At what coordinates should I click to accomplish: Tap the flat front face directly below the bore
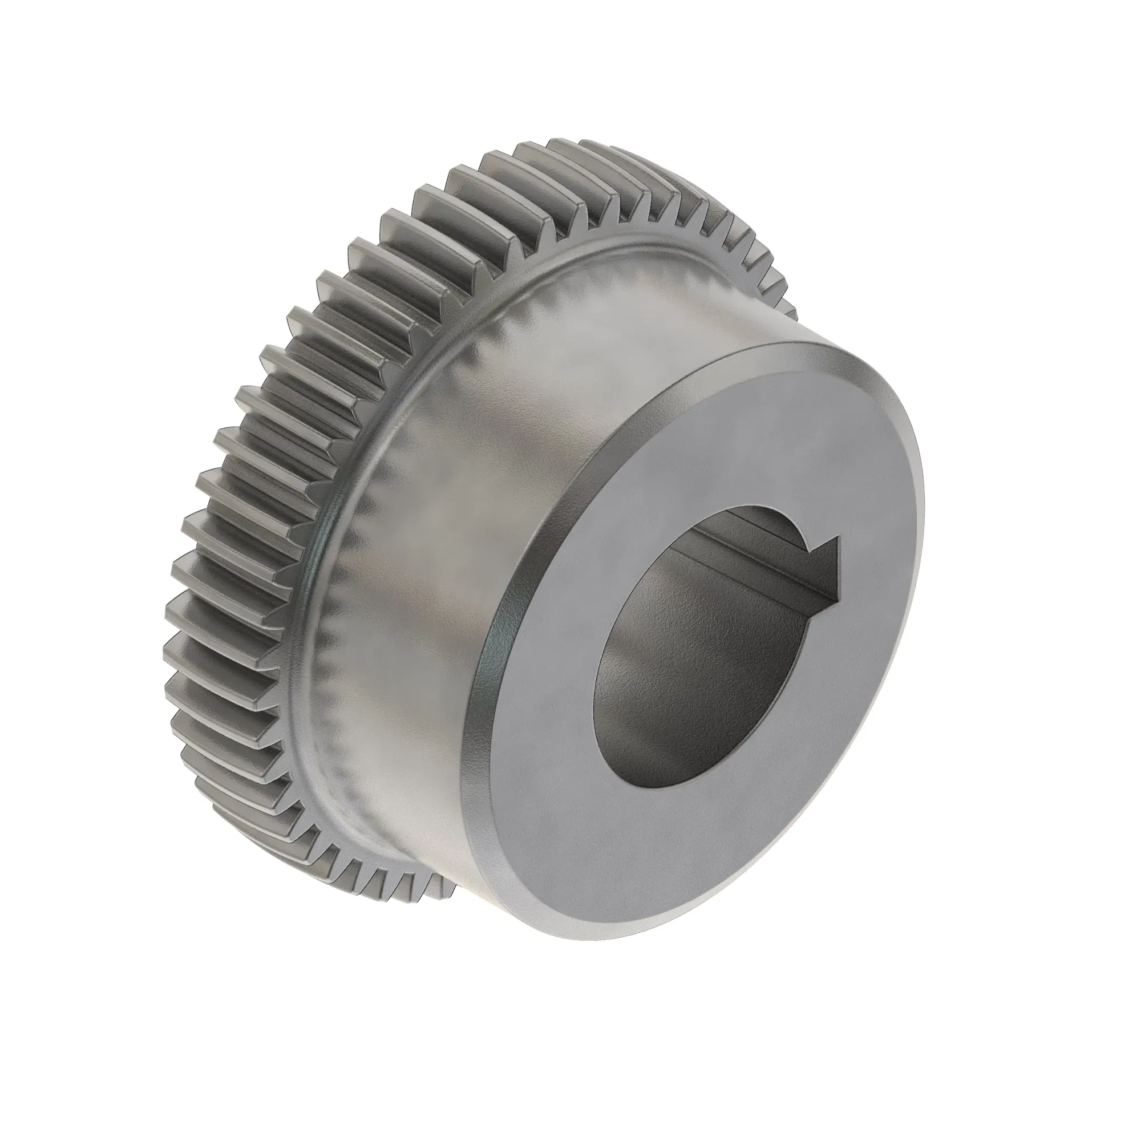[679, 851]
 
